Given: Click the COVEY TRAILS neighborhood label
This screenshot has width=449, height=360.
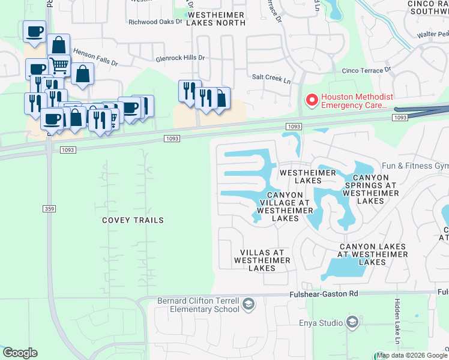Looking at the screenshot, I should tap(132, 220).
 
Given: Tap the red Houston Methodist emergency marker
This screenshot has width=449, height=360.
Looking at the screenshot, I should tap(312, 100).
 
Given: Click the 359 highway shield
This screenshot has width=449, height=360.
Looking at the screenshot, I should tap(49, 208).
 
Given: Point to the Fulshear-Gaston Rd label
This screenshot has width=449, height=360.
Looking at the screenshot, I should tap(324, 293).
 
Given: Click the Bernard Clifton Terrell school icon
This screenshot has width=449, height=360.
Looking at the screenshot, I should tap(249, 305).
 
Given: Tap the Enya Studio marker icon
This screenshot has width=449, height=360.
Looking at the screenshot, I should tap(352, 323).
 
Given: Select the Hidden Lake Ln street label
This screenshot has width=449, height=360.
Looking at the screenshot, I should tap(397, 318).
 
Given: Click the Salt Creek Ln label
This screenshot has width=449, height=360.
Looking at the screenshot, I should tap(271, 77).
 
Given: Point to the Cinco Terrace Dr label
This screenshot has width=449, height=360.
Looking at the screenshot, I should tap(366, 70).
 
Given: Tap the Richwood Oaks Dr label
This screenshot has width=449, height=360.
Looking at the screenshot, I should tap(155, 22).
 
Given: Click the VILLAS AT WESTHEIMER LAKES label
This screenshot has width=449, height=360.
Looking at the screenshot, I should tap(262, 260).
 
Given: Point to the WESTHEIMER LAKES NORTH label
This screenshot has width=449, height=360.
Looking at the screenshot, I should tap(215, 18).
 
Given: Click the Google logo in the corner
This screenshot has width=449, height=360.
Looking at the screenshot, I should tap(20, 353).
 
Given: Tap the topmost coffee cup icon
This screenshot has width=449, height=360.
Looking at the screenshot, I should tap(34, 31).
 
